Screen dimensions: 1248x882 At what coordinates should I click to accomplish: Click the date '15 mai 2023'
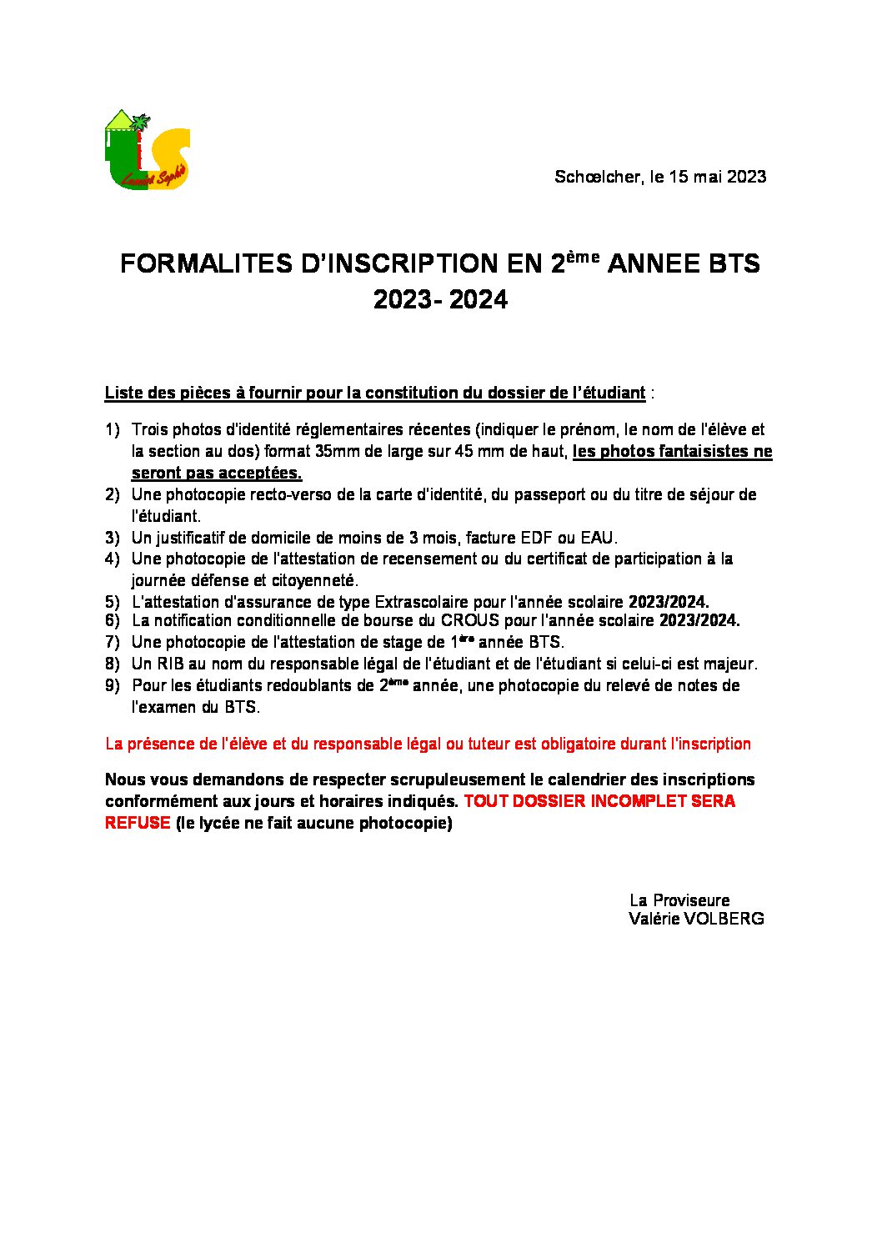(718, 177)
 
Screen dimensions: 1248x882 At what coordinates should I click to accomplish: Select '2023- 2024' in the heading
(440, 300)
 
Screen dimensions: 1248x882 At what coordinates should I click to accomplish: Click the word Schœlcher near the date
(599, 177)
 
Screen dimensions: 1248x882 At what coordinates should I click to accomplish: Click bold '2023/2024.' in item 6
(699, 621)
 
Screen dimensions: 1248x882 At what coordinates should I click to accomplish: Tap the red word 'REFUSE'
(138, 824)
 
